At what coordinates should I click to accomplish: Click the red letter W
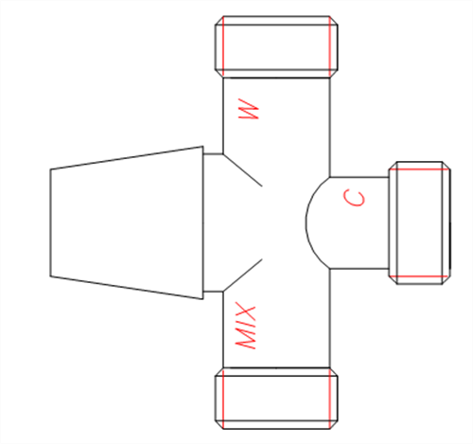[x=249, y=109]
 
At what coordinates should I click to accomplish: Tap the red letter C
[x=355, y=198]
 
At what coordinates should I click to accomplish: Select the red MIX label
[x=246, y=326]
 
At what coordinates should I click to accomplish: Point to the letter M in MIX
[x=246, y=340]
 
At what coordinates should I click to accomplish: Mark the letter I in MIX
[x=246, y=325]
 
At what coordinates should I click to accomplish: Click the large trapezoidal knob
[x=127, y=222]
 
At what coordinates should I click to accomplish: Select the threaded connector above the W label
[x=276, y=46]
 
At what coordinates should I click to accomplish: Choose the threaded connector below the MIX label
[x=276, y=399]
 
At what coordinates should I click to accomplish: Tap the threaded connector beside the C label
[x=419, y=222]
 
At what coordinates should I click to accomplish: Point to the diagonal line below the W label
[x=242, y=170]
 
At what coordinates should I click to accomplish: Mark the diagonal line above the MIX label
[x=242, y=275]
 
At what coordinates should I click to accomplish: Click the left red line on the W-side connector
[x=223, y=46]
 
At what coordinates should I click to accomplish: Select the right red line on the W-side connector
[x=330, y=46]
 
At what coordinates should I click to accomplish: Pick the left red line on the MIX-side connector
[x=223, y=399]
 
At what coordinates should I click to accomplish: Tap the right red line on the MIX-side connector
[x=330, y=399]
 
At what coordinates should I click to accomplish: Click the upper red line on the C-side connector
[x=419, y=169]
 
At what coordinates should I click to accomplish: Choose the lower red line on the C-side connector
[x=419, y=276]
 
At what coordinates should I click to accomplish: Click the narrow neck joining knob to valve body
[x=213, y=222]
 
